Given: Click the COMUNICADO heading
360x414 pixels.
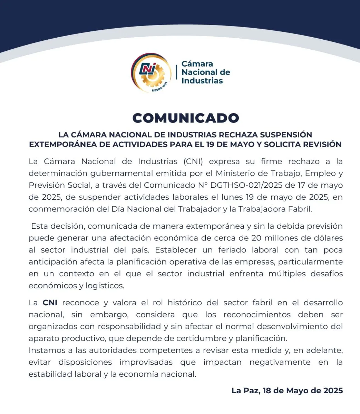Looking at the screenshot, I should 186,118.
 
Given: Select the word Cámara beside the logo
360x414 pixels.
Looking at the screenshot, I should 197,64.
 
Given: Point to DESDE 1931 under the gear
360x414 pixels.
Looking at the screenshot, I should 159,88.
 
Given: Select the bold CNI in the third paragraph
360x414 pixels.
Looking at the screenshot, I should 50,303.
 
